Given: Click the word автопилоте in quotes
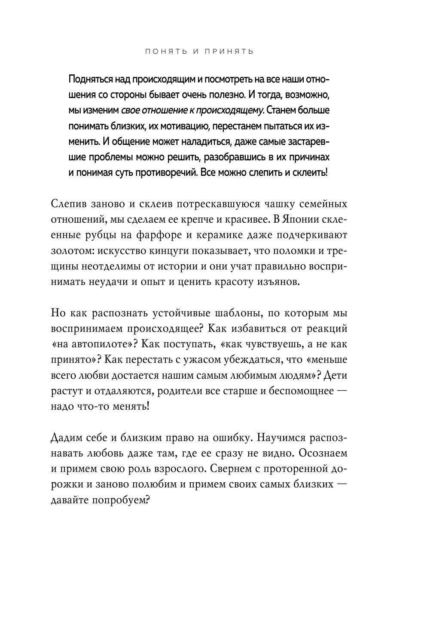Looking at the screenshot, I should pyautogui.click(x=106, y=344).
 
